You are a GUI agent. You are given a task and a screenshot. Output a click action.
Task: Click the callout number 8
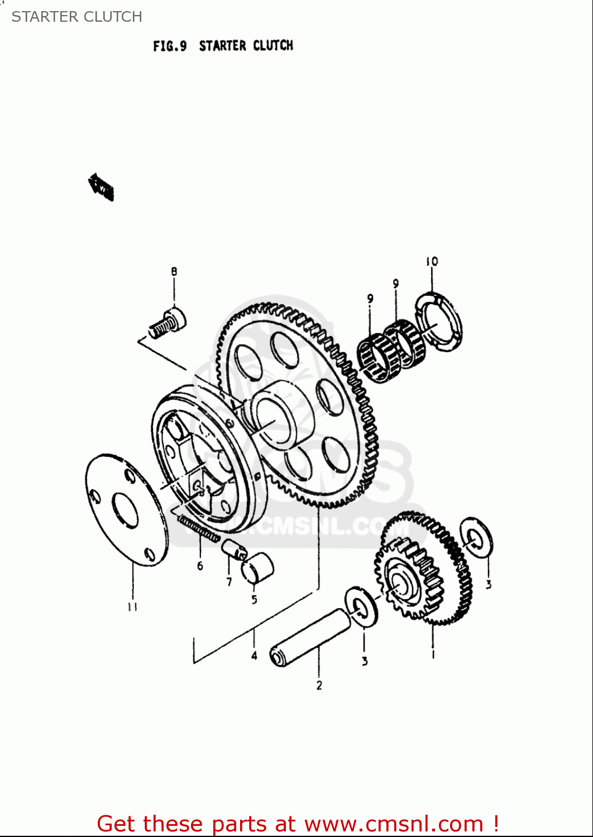pos(174,271)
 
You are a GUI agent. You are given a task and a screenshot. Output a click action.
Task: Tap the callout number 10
pos(432,261)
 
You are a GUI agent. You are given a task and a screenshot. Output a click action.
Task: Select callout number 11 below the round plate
pos(132,607)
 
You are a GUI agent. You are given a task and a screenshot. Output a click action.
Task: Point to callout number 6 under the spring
pos(200,566)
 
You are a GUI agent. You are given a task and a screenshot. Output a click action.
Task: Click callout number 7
pos(229,582)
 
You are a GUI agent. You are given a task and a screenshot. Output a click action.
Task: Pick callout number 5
pos(254,600)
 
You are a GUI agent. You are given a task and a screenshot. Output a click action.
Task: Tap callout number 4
pos(254,656)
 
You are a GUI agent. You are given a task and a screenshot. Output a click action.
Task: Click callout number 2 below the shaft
pos(319,685)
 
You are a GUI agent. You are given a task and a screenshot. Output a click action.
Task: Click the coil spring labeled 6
pos(198,528)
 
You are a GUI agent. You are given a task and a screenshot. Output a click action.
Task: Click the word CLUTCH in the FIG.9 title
pos(273,45)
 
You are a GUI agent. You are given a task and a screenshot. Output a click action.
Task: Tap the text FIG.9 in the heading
pos(170,46)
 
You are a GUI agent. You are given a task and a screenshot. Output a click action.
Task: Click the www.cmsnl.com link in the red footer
pos(394,824)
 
